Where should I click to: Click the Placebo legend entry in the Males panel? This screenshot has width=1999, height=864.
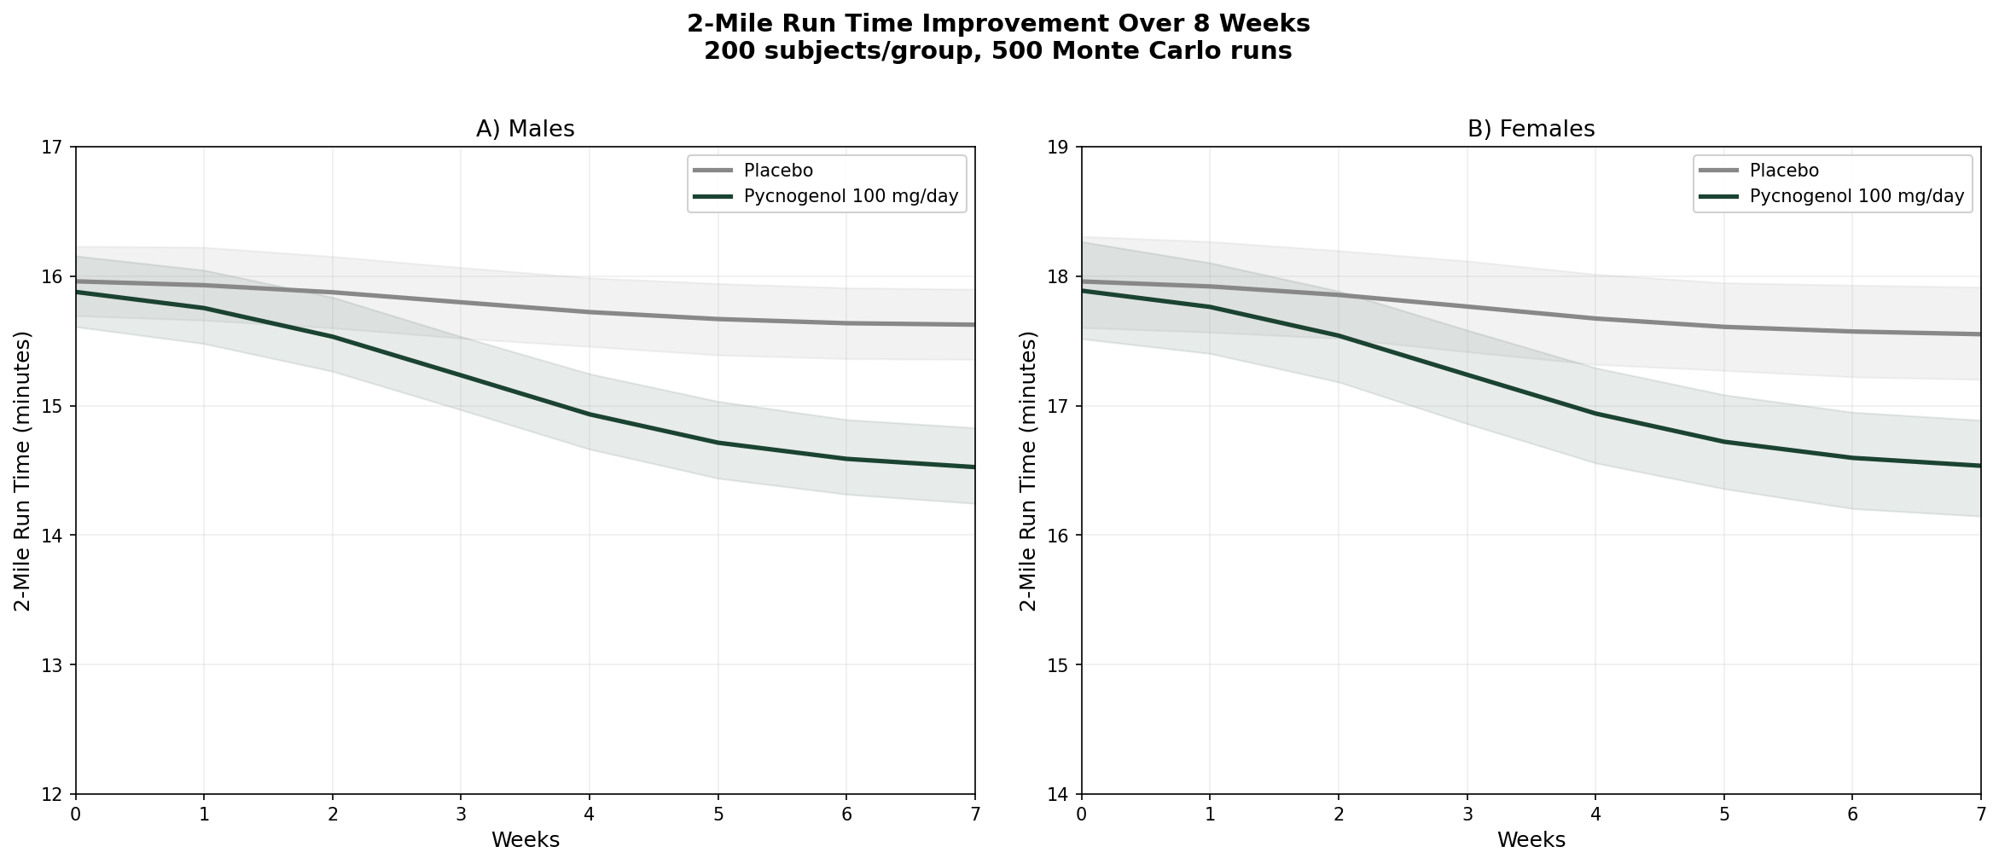(778, 171)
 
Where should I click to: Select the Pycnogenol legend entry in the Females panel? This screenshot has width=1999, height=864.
(1857, 196)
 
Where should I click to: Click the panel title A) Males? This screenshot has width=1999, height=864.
(525, 129)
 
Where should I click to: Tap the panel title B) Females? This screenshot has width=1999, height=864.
(1531, 129)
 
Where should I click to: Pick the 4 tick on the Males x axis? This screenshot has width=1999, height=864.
(590, 815)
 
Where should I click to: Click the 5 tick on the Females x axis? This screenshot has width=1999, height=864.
(1724, 815)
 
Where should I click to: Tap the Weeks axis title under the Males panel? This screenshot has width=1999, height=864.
(525, 840)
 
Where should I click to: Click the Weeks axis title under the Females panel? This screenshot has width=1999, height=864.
(1531, 840)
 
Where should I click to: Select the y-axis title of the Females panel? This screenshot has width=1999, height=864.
(1029, 471)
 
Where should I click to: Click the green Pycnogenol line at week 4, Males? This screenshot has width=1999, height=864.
(590, 415)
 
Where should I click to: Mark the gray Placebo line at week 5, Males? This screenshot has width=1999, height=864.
(718, 319)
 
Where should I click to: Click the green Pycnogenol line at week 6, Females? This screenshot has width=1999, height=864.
(1852, 458)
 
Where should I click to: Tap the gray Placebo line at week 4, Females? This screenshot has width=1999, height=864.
(1595, 318)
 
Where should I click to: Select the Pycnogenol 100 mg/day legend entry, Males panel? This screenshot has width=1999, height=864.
(851, 196)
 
